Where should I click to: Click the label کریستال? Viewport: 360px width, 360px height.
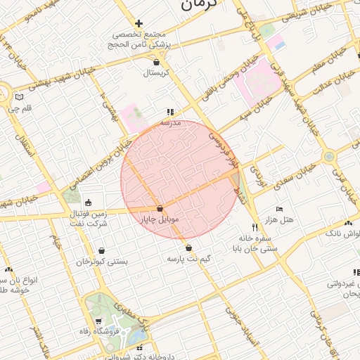[x=157, y=72]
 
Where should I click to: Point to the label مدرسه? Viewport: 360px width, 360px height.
[x=170, y=122]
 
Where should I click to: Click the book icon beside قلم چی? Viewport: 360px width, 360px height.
[x=19, y=96]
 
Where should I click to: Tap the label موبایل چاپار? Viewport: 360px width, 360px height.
[x=162, y=219]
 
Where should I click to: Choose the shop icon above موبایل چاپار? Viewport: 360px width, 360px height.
[x=161, y=209]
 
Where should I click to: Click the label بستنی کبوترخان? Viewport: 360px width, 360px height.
[x=102, y=261]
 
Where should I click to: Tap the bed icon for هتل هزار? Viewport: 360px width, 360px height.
[x=279, y=210]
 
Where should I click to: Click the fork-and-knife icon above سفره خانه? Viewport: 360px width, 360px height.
[x=255, y=227]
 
